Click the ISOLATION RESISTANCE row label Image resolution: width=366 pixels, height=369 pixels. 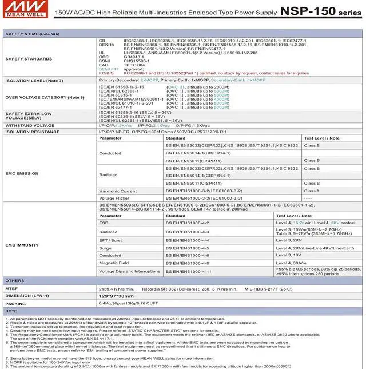click(33, 132)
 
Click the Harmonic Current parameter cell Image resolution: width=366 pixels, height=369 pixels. click(118, 191)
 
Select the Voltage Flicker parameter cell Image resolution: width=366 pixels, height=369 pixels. click(115, 198)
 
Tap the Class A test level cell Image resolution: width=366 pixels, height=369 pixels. click(312, 191)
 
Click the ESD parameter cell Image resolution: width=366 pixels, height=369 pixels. click(104, 223)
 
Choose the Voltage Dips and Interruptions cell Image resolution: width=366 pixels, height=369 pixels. click(129, 271)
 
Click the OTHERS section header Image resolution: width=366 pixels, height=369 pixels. click(15, 281)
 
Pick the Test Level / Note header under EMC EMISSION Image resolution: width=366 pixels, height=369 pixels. click(321, 138)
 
